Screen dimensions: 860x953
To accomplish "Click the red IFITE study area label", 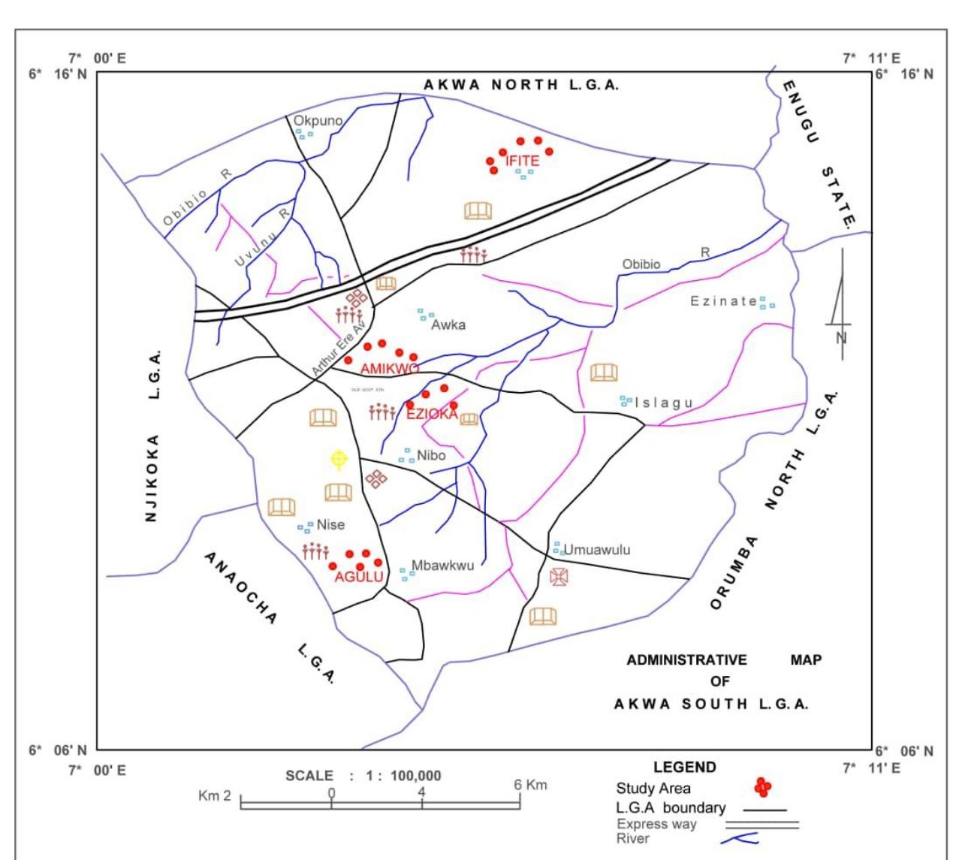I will [x=522, y=161].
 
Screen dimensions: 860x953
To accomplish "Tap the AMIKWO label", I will [x=390, y=369].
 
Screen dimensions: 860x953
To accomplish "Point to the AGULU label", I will [x=359, y=577].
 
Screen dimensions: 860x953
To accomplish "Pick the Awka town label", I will [x=448, y=325].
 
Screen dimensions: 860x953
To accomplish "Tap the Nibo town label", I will [x=431, y=456].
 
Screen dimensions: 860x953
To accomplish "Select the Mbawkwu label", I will [x=443, y=566].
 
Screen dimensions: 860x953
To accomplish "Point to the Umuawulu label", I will [x=597, y=550].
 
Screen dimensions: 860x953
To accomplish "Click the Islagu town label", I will [x=664, y=403].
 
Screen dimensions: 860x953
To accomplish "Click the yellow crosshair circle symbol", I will [x=339, y=458].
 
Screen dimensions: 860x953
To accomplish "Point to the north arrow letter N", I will [x=841, y=337].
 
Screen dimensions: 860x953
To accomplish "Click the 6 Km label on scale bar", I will [x=531, y=785].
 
